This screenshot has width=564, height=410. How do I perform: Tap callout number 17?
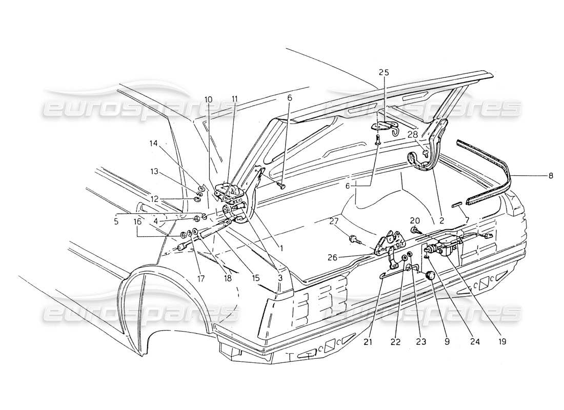tap(199, 279)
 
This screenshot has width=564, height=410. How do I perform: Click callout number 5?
tap(117, 222)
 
